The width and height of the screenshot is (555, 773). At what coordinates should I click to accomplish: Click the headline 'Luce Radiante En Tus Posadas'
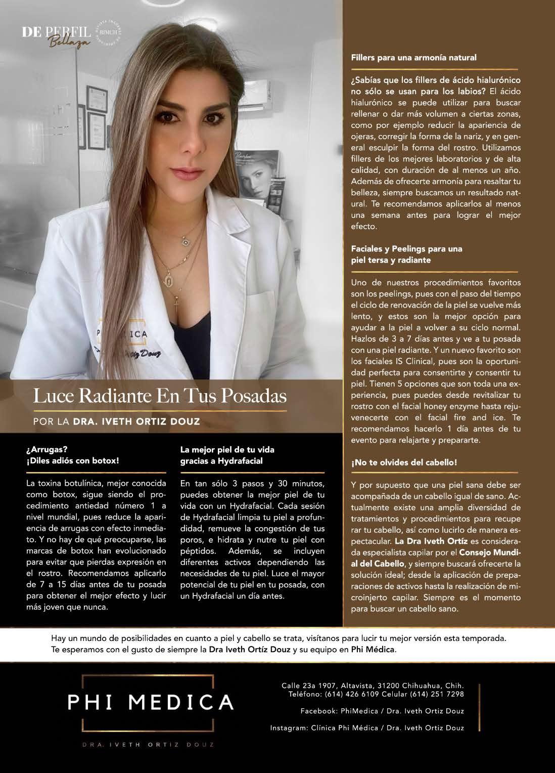pyautogui.click(x=160, y=395)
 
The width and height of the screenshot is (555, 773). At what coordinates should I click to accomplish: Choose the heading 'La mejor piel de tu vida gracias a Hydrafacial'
pyautogui.click(x=227, y=455)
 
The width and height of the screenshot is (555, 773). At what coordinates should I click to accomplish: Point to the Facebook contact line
pyautogui.click(x=382, y=711)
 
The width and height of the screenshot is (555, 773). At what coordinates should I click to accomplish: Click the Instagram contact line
pyautogui.click(x=367, y=728)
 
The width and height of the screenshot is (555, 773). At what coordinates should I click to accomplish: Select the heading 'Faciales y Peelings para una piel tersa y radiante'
pyautogui.click(x=406, y=254)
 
